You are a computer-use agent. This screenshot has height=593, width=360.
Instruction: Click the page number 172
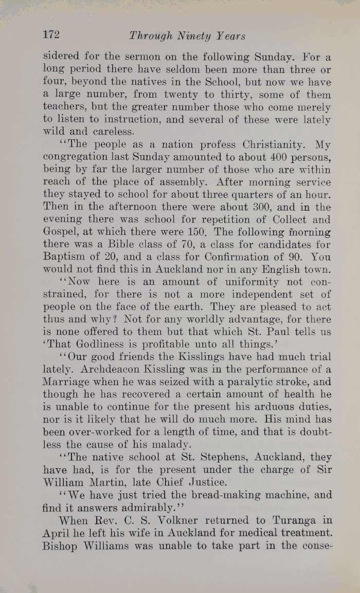pyautogui.click(x=51, y=35)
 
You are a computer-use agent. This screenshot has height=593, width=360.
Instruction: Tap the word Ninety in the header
pyautogui.click(x=187, y=36)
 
